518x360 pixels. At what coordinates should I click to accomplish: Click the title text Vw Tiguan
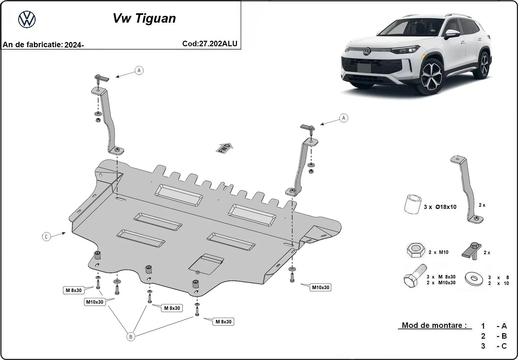(x=144, y=18)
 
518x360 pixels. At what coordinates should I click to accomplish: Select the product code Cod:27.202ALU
(x=210, y=44)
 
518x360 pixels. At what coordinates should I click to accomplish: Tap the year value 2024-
(x=74, y=45)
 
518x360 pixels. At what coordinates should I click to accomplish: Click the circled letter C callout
(x=46, y=237)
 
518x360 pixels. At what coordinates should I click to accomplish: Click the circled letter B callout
(x=130, y=337)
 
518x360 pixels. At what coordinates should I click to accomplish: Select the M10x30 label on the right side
(x=320, y=287)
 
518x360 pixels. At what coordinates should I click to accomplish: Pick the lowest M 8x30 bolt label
(x=223, y=322)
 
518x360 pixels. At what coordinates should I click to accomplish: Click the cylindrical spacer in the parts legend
(x=412, y=204)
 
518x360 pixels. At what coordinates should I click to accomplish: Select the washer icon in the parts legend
(x=474, y=278)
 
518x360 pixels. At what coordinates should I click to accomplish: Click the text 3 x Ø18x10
(x=440, y=207)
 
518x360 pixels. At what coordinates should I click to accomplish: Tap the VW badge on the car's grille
(x=366, y=51)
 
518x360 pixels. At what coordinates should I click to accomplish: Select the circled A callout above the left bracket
(x=139, y=70)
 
